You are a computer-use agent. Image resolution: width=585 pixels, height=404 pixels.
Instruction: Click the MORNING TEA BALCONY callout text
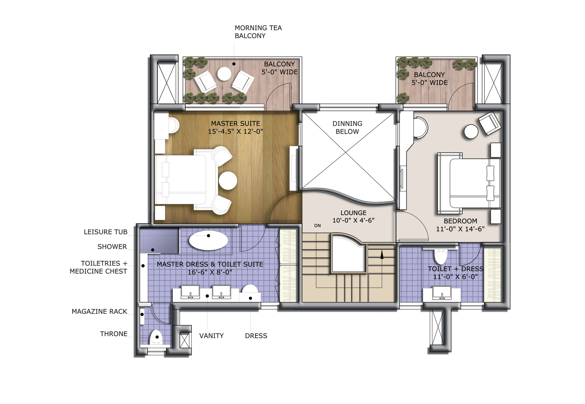(x=258, y=32)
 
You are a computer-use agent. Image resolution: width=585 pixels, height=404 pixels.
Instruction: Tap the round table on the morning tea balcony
(x=224, y=74)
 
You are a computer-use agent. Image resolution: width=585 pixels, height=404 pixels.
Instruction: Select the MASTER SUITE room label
(x=235, y=127)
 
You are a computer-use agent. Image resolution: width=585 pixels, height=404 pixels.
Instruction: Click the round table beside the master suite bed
(x=228, y=181)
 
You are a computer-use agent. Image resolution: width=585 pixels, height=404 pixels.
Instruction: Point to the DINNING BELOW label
(x=347, y=127)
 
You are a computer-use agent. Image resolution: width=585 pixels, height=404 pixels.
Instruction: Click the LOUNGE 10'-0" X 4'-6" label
(x=353, y=217)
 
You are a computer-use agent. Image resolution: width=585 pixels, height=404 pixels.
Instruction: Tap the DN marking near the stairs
(x=317, y=226)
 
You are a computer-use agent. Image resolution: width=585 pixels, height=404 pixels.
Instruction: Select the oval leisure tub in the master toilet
(x=208, y=241)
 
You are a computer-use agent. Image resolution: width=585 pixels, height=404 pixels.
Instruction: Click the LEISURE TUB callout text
(x=106, y=232)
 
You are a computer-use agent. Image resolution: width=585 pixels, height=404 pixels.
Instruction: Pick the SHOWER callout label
(x=112, y=247)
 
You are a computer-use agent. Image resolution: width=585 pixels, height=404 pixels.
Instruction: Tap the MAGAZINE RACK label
(x=99, y=312)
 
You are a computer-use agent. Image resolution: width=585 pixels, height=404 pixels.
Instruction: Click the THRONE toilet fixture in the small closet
(x=156, y=337)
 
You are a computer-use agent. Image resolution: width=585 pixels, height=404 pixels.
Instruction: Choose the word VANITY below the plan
(x=211, y=336)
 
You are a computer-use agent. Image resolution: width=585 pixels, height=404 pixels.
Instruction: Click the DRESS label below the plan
(x=256, y=336)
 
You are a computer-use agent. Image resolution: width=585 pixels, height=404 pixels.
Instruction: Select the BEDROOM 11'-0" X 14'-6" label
(x=460, y=225)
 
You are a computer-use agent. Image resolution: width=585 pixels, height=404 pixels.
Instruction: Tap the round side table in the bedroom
(x=471, y=132)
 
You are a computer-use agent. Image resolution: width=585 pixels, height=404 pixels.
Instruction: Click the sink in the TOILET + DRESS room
(x=442, y=293)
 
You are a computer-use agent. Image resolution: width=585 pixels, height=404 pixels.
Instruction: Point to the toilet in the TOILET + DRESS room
(x=441, y=257)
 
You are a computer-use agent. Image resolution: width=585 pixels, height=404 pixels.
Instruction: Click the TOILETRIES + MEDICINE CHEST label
(x=99, y=267)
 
